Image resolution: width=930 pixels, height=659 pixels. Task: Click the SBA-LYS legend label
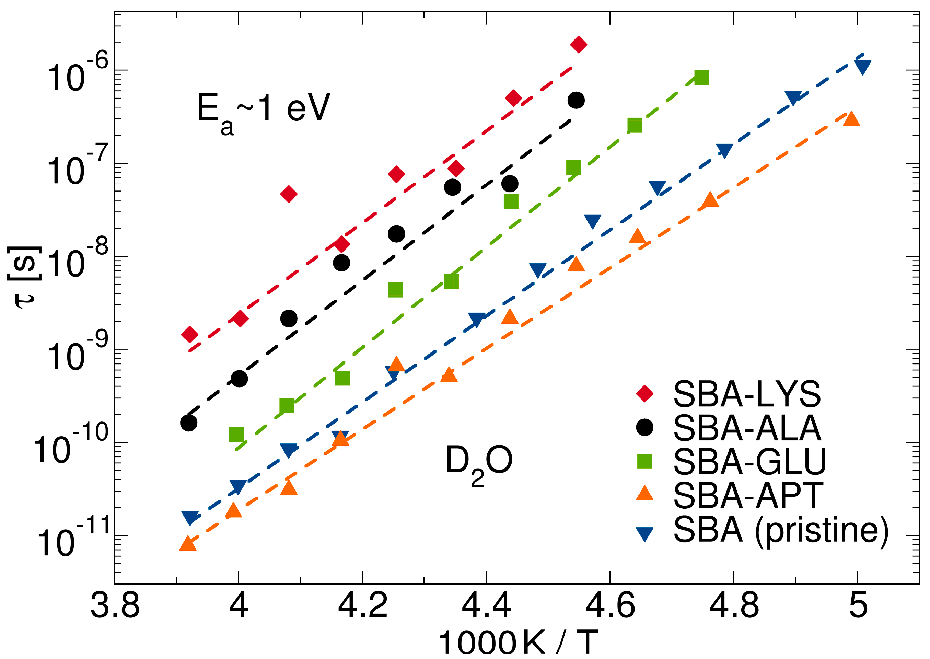pos(747,394)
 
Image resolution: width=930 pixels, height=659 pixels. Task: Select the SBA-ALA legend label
pos(747,428)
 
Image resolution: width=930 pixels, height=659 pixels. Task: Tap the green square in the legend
pos(644,461)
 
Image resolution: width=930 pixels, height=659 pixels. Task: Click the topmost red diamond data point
pos(578,44)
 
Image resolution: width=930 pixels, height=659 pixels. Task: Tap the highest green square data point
pos(701,77)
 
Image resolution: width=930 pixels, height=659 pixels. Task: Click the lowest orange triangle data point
pos(187,544)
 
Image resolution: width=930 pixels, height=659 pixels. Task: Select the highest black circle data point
pos(576,100)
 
